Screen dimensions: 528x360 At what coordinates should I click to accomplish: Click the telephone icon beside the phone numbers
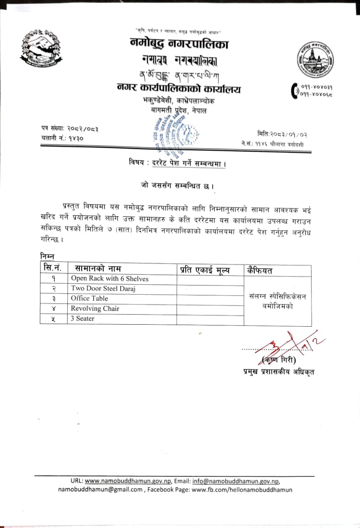[x=294, y=91]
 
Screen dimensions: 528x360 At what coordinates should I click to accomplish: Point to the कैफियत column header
[x=260, y=270]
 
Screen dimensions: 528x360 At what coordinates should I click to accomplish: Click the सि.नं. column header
[x=53, y=268]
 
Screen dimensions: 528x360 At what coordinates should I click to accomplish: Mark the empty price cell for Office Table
[x=210, y=299]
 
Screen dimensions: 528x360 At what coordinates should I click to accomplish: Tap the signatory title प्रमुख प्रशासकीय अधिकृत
[x=279, y=372]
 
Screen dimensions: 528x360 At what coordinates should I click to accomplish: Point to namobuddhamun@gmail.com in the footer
[x=100, y=490]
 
